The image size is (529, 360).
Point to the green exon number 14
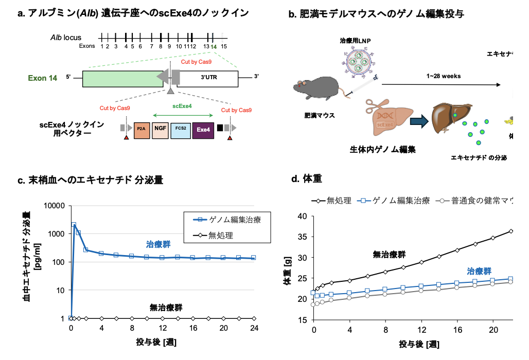(214, 46)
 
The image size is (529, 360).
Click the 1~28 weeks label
(444, 76)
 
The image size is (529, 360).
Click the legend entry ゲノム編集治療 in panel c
(235, 220)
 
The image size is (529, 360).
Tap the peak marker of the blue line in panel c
(74, 225)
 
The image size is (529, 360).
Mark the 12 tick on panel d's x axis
(420, 329)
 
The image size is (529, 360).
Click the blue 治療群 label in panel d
(479, 271)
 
